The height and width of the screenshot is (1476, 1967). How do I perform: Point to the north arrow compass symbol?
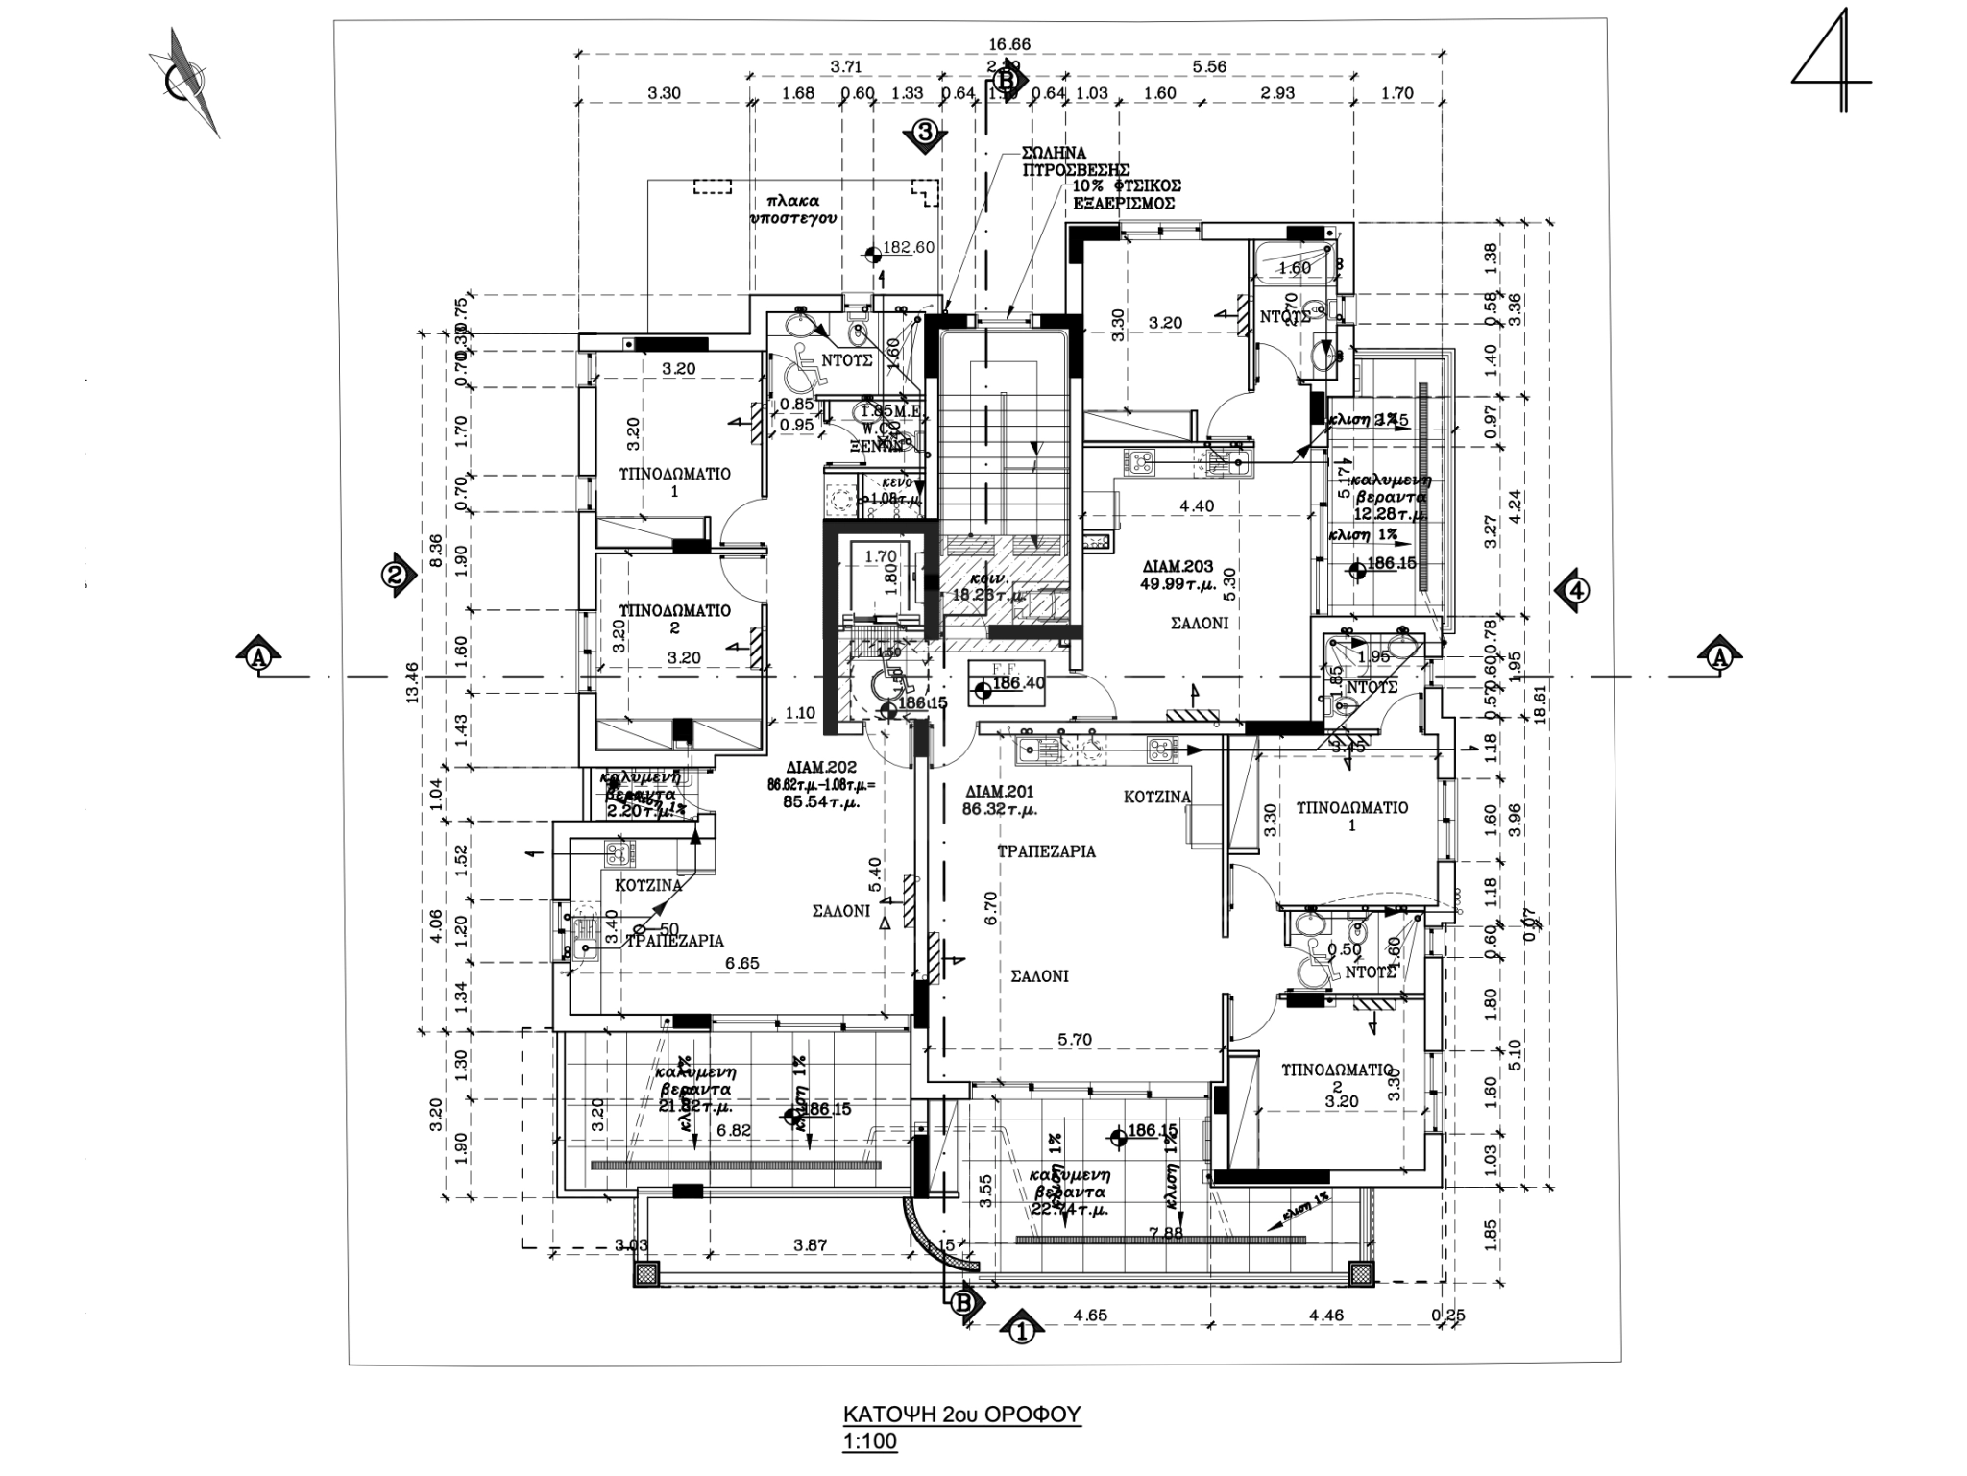click(x=186, y=82)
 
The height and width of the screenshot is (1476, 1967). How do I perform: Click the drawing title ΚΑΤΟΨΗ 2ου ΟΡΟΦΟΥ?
click(x=961, y=1414)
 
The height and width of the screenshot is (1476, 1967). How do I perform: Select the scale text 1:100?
click(x=869, y=1441)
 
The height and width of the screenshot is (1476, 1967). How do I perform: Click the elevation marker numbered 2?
click(x=397, y=576)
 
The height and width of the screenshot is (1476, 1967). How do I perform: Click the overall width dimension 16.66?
click(x=1008, y=44)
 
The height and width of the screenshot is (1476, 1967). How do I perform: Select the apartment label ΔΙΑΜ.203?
click(x=1178, y=565)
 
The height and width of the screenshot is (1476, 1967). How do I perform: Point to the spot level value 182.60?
click(x=908, y=248)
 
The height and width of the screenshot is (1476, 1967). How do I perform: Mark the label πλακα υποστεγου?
click(x=792, y=209)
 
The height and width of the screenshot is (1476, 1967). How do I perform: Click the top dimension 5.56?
click(x=1208, y=67)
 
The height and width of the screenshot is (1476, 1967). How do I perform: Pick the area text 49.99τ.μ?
click(x=1177, y=582)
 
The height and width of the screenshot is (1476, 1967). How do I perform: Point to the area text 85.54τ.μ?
click(x=820, y=800)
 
